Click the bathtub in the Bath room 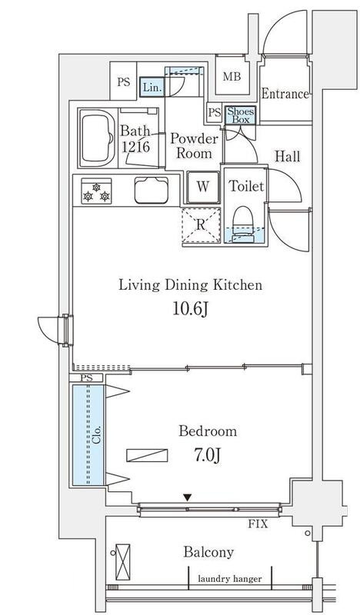(x=97, y=138)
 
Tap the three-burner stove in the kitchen (x=96, y=191)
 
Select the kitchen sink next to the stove (x=152, y=190)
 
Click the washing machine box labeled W (x=203, y=187)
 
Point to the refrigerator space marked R (x=201, y=225)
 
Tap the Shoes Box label (x=240, y=116)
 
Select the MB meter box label (x=232, y=76)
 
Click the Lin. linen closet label (x=152, y=88)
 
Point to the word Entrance (x=285, y=94)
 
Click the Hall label (x=288, y=157)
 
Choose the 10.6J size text (x=190, y=309)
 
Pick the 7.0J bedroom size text (x=206, y=455)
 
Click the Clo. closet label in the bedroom (x=97, y=434)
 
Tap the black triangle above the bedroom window (x=188, y=497)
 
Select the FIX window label (x=258, y=524)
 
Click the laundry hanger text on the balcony (x=230, y=579)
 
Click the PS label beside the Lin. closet (x=124, y=83)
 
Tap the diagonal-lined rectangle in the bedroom (x=147, y=455)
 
